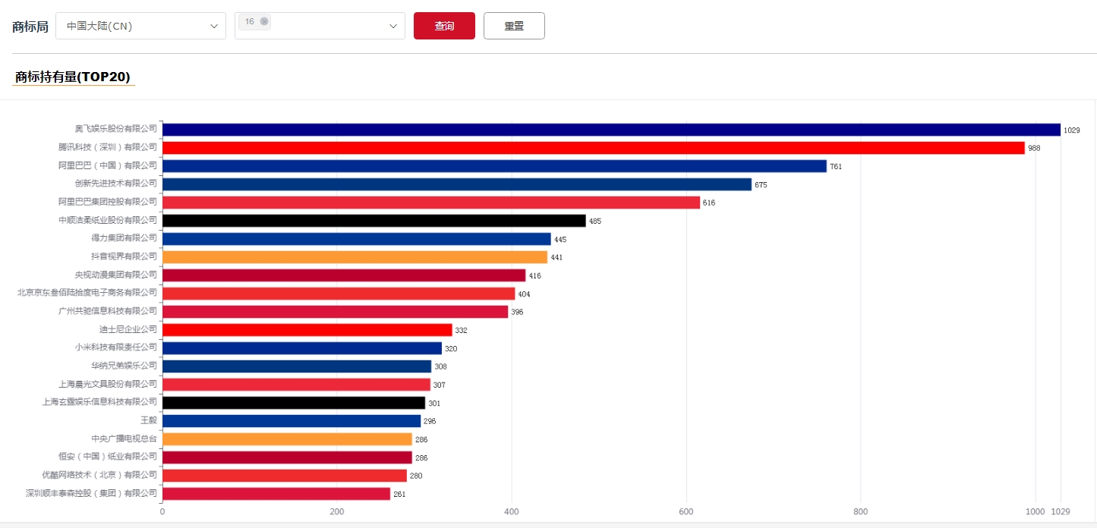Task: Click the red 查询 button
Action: [x=444, y=26]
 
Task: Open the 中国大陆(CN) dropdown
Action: [x=140, y=26]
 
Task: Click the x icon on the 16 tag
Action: [x=264, y=22]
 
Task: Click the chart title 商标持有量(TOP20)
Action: [x=73, y=77]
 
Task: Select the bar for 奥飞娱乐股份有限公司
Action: [x=611, y=130]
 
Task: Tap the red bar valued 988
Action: [x=593, y=148]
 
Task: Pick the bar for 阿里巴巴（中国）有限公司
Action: [x=494, y=166]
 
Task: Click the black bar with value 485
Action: [x=374, y=221]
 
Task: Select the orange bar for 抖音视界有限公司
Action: [x=355, y=257]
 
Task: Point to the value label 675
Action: [x=761, y=185]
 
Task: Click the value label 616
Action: [x=709, y=203]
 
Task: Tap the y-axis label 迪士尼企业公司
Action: [x=128, y=329]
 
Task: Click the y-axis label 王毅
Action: [x=149, y=420]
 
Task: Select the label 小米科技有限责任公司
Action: [x=116, y=347]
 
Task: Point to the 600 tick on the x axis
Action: [x=686, y=512]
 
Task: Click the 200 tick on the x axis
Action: [x=337, y=512]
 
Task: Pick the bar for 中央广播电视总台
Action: [x=287, y=439]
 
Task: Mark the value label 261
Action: [x=399, y=495]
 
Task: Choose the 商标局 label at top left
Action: [x=30, y=27]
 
